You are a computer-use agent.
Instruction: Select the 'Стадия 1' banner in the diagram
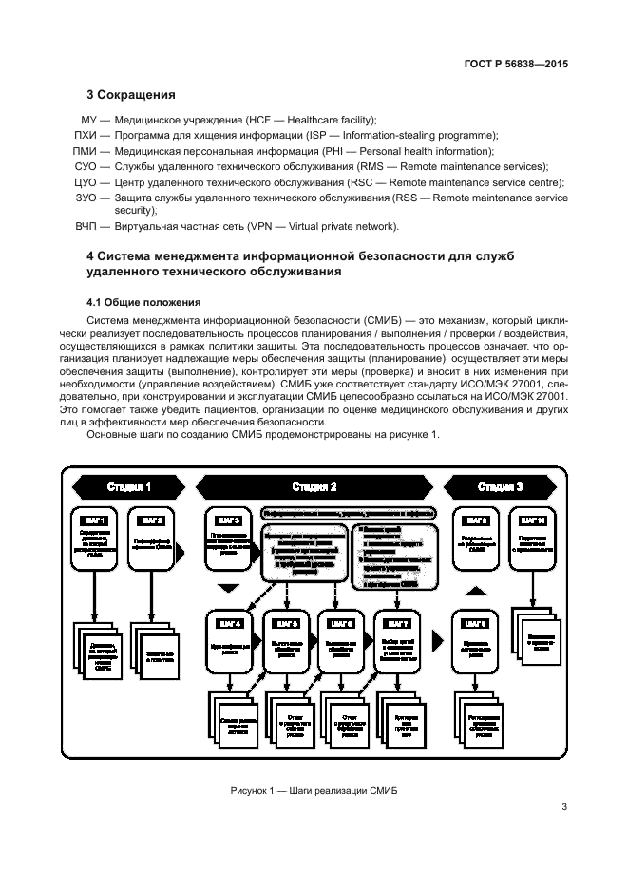pyautogui.click(x=127, y=486)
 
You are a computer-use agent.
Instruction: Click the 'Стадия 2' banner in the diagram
pyautogui.click(x=314, y=486)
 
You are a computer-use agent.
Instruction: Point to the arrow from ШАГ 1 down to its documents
pyautogui.click(x=96, y=598)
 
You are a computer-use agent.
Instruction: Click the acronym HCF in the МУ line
pyautogui.click(x=259, y=120)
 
